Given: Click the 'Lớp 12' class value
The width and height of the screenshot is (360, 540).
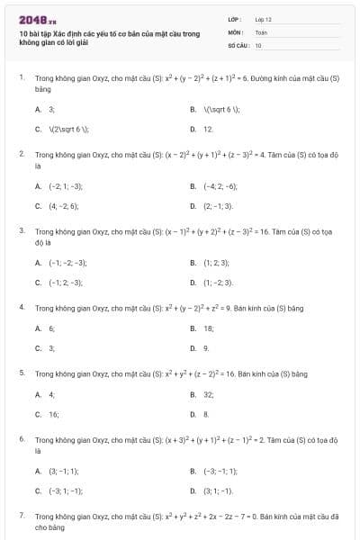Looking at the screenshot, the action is coord(263,19).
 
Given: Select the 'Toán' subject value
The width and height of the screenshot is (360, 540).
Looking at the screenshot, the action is coord(261,31).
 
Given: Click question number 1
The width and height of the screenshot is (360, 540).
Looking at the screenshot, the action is coord(21,78).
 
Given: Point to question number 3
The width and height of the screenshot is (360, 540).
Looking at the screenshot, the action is coord(21,230).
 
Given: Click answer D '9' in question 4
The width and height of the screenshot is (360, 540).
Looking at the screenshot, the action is coord(206,348).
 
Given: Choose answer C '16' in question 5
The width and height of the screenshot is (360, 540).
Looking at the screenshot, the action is coord(53,414).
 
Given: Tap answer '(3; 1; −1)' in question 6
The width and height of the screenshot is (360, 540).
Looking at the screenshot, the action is coord(217,490).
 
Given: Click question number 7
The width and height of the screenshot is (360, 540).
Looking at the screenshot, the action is coord(21,515).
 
